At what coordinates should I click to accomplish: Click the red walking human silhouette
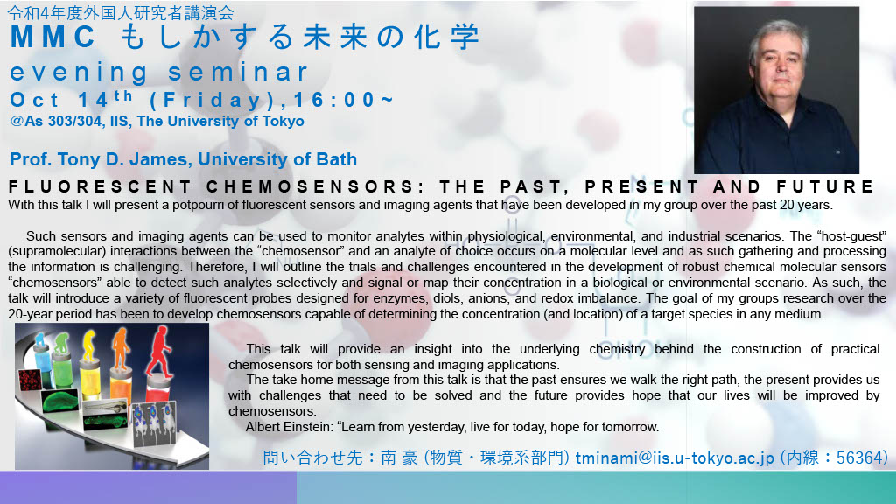click(x=159, y=352)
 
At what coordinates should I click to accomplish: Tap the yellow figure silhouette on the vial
click(x=89, y=346)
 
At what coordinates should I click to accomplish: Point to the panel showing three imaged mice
click(x=154, y=423)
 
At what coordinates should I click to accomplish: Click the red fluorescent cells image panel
click(x=30, y=380)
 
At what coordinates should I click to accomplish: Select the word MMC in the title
click(x=52, y=37)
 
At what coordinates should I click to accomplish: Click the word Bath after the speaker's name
click(x=337, y=159)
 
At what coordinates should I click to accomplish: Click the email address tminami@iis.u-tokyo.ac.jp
click(x=675, y=458)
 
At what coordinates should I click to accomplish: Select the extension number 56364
click(x=861, y=458)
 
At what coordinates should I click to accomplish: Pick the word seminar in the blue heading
click(x=238, y=73)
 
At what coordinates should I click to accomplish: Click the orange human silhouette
click(x=121, y=347)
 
